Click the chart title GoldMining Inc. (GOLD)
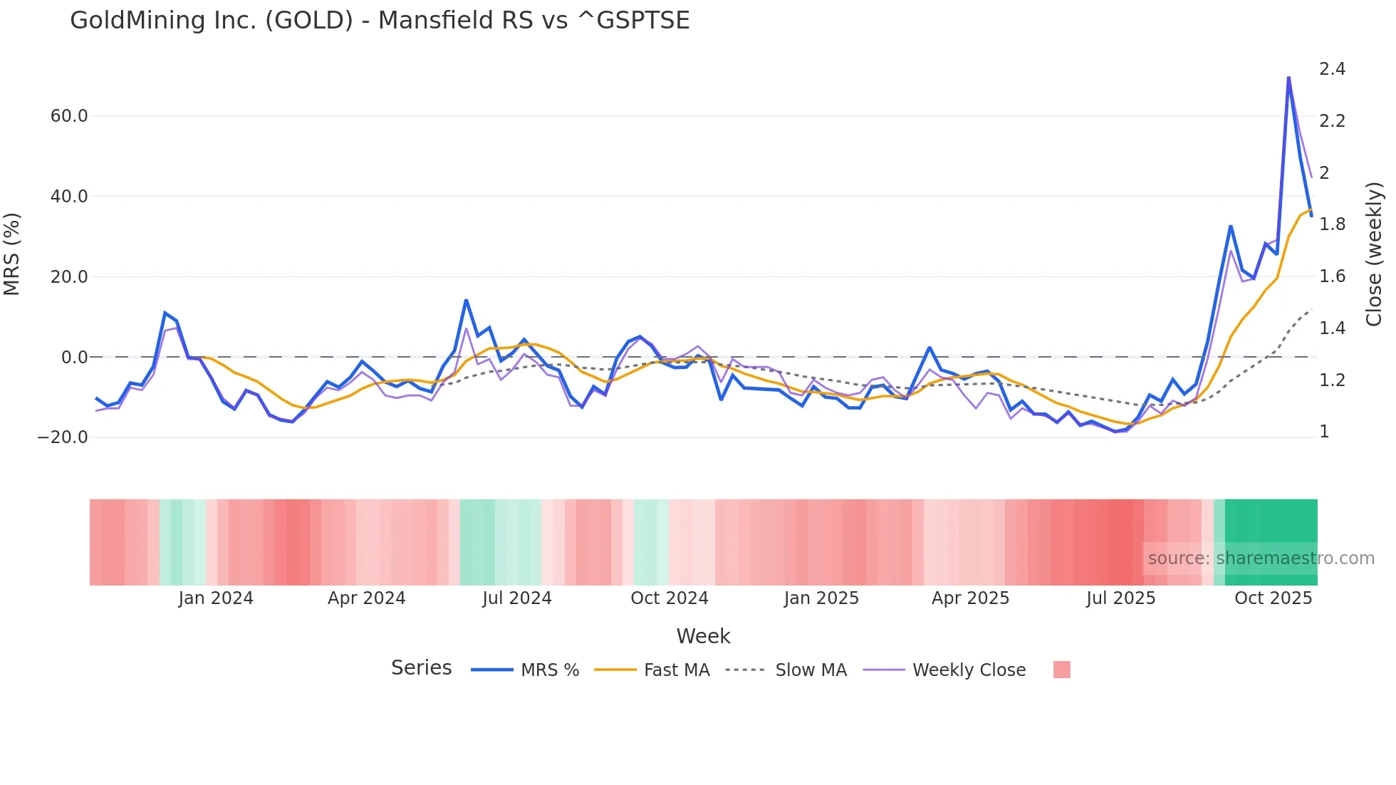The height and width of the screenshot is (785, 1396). coord(379,21)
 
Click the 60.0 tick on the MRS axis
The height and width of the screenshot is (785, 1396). coord(69,116)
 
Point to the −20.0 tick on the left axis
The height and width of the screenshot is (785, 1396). coord(63,437)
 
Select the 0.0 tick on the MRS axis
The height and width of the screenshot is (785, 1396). coord(75,358)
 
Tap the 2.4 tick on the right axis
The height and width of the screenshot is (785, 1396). coord(1332,69)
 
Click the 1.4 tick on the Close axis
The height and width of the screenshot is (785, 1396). coord(1332,328)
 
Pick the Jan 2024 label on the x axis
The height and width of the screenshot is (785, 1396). coord(216,598)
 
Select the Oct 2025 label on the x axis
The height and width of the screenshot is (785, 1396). coord(1273,598)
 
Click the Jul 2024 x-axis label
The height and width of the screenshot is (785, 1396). coord(517,598)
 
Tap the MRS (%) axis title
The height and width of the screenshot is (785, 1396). coord(12,254)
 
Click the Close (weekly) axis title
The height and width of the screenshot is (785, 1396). coord(1374,254)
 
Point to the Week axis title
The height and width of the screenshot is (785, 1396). coord(703,636)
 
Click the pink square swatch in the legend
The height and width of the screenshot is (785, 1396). coord(1061,670)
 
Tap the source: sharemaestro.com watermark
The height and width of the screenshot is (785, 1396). coord(1261,558)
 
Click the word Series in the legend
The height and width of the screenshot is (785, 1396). coord(421,668)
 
